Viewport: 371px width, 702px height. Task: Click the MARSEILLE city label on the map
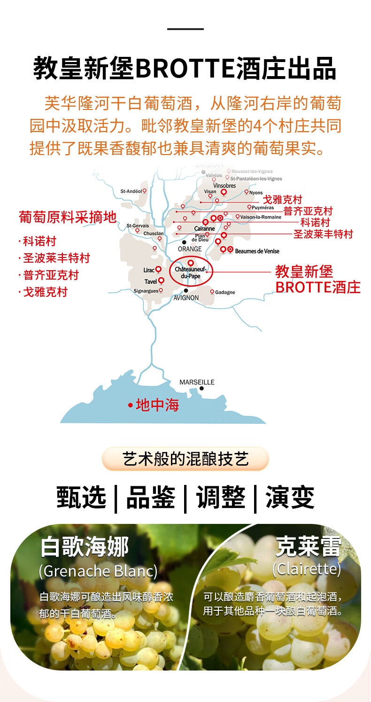[x=197, y=382]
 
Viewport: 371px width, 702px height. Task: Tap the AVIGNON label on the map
[x=186, y=298]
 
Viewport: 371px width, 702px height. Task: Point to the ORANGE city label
[x=190, y=249]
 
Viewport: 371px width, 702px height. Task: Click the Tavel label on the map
[x=151, y=281]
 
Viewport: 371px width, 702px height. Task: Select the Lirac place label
[x=149, y=270]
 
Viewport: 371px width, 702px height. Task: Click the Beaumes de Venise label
[x=257, y=251]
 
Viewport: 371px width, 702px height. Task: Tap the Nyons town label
[x=256, y=193]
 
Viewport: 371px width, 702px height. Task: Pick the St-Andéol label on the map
[x=131, y=191]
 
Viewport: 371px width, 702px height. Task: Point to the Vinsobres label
[x=224, y=186]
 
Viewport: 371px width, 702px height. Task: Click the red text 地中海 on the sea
[x=157, y=405]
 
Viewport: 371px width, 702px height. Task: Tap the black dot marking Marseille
[x=201, y=389]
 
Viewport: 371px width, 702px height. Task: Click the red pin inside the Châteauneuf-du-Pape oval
[x=191, y=263]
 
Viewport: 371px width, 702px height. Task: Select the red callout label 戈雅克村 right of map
[x=282, y=200]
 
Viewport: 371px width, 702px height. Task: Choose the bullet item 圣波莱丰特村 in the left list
[x=56, y=258]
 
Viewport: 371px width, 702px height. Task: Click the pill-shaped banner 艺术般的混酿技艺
[x=185, y=459]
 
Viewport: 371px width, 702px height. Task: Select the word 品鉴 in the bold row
[x=150, y=498]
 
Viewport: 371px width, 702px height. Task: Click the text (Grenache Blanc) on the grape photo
[x=98, y=571]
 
